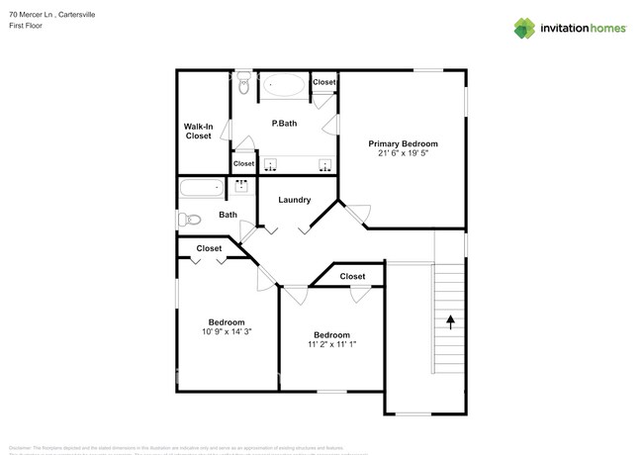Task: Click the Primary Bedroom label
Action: click(403, 143)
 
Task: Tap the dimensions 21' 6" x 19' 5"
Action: click(403, 153)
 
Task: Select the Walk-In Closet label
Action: click(198, 131)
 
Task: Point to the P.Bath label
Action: click(285, 123)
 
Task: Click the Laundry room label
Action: click(294, 200)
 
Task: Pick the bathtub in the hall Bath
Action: click(202, 188)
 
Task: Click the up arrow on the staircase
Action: click(451, 320)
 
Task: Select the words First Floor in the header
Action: click(28, 26)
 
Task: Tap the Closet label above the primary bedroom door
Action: click(323, 82)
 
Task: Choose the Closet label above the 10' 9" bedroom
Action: click(209, 248)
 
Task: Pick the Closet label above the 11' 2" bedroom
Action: click(352, 276)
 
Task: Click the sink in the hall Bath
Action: click(241, 185)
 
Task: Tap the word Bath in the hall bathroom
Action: click(228, 215)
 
